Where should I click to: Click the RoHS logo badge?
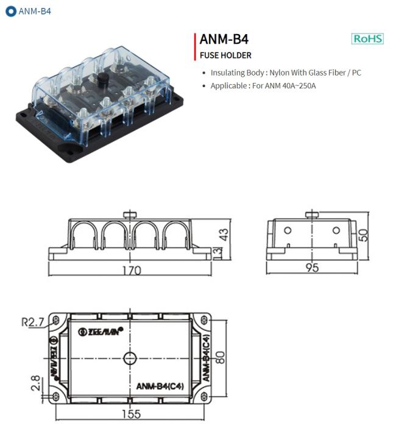tap(368, 38)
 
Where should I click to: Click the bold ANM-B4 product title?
tap(224, 40)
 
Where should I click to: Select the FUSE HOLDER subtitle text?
tap(225, 55)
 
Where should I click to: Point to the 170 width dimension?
tap(131, 270)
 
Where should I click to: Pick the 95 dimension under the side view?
tap(312, 269)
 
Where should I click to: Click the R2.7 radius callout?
tap(32, 322)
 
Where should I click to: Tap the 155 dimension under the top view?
tap(130, 414)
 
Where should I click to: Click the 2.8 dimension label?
tap(35, 384)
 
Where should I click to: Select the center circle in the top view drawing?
tap(129, 358)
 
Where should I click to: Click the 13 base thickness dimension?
tap(219, 252)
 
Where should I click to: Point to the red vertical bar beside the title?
tap(194, 46)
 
